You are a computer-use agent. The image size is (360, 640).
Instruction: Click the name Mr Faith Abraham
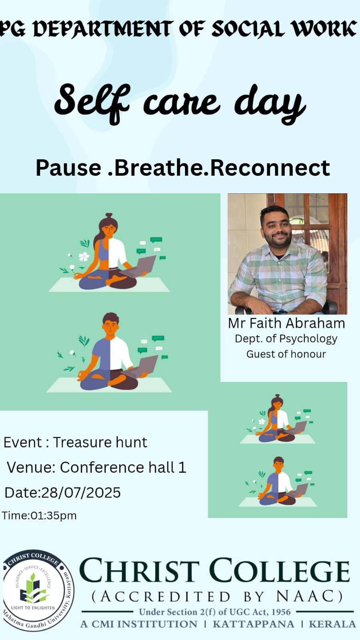286,323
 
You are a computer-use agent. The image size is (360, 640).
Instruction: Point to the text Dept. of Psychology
286,339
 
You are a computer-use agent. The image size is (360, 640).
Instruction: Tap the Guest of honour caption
286,354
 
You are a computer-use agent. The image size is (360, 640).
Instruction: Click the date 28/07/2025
81,493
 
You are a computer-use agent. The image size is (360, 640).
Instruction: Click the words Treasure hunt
100,442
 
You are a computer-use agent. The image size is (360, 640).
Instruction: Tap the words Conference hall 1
123,467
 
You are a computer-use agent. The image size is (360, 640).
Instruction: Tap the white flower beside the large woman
84,256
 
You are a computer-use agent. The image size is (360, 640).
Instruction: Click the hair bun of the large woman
109,215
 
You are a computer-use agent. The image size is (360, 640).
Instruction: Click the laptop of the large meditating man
142,367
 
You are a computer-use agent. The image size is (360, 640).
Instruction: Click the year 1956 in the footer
281,612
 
